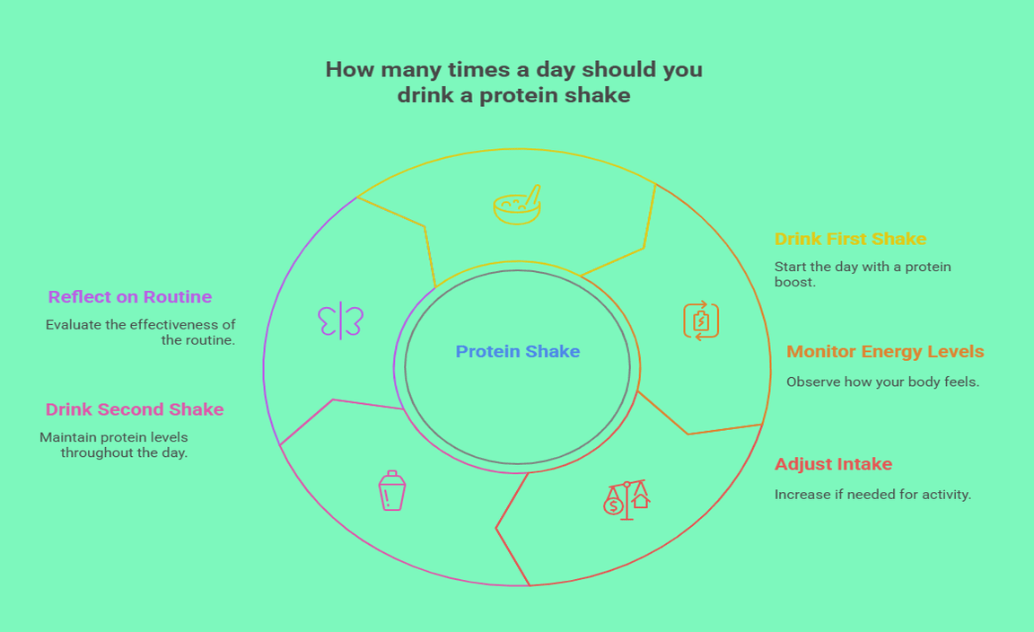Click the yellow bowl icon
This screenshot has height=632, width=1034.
click(517, 206)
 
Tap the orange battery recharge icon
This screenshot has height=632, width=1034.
click(701, 320)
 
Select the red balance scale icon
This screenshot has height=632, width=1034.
click(627, 500)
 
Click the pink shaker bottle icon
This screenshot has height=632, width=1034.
click(391, 491)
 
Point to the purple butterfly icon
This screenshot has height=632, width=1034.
click(340, 321)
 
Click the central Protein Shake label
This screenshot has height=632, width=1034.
click(518, 352)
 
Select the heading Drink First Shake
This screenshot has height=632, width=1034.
click(850, 239)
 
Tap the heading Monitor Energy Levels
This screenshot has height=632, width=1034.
click(885, 352)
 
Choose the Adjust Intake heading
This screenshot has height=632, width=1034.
click(833, 464)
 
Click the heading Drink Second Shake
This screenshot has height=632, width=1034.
click(135, 409)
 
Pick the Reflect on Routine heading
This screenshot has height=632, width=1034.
click(130, 297)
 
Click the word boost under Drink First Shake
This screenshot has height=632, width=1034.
click(794, 283)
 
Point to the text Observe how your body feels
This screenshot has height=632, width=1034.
click(882, 382)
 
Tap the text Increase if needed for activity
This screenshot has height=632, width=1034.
click(872, 495)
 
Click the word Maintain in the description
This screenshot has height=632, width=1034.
click(68, 437)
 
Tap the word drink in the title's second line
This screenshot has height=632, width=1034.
click(425, 95)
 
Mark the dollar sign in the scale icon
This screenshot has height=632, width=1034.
click(613, 506)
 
